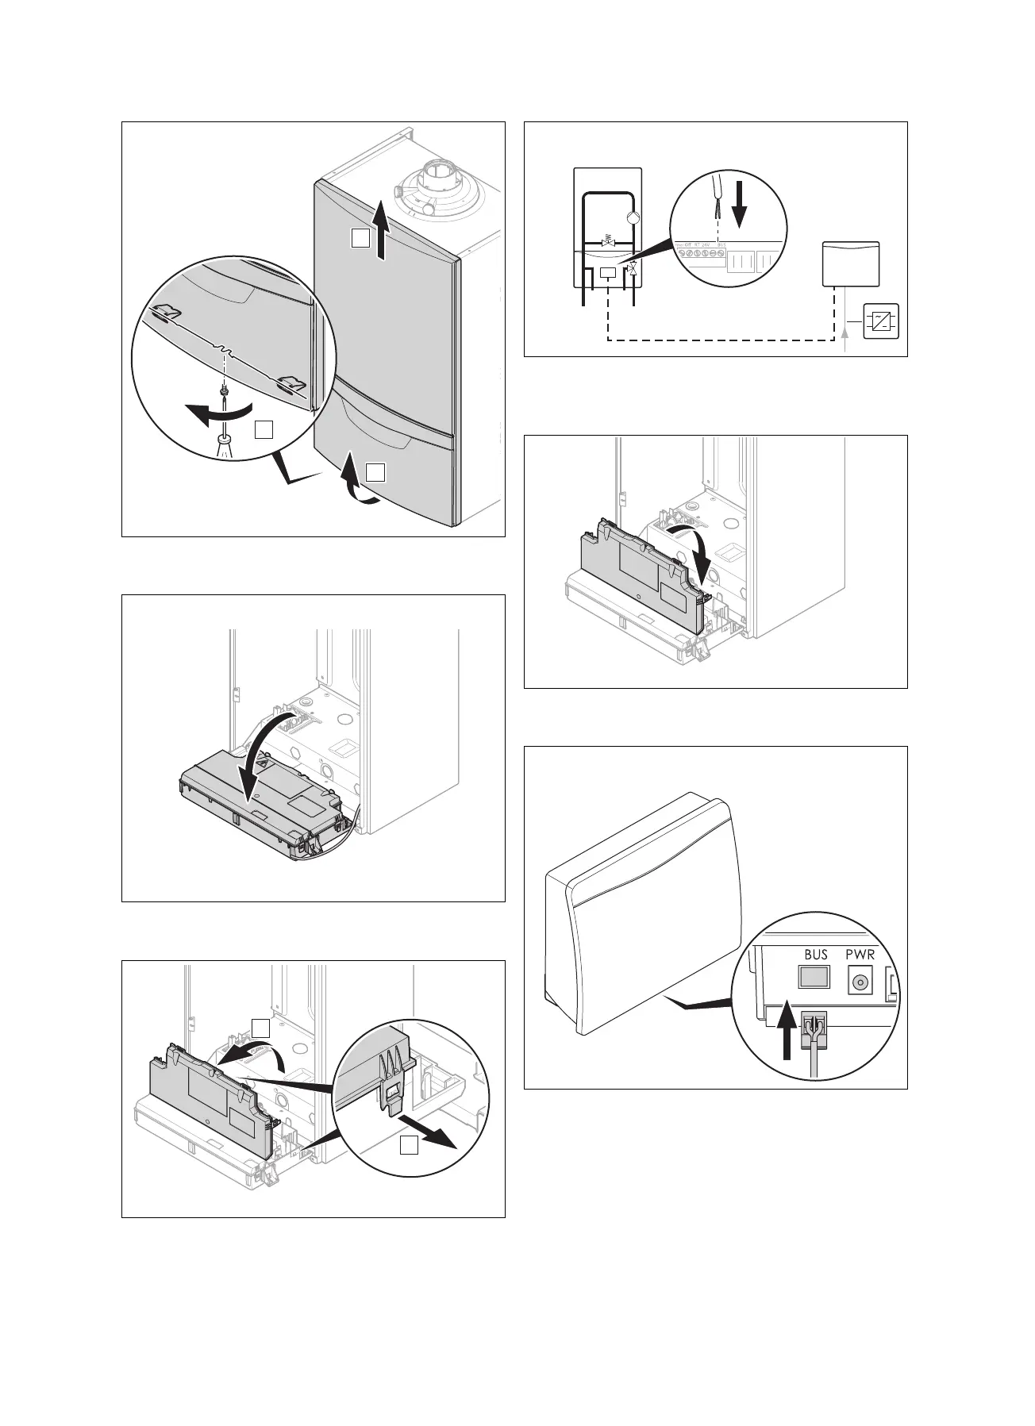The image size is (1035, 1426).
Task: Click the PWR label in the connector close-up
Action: pyautogui.click(x=860, y=955)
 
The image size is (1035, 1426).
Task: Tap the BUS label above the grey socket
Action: pyautogui.click(x=816, y=955)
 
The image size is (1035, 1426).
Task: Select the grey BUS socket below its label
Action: pyautogui.click(x=815, y=977)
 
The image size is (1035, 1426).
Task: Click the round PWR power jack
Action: pyautogui.click(x=858, y=982)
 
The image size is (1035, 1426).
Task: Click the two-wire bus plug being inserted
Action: pyautogui.click(x=814, y=1030)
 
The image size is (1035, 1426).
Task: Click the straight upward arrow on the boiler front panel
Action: pyautogui.click(x=382, y=229)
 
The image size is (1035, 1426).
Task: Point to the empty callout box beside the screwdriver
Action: pyautogui.click(x=264, y=429)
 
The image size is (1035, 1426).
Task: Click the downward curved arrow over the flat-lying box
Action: pyautogui.click(x=262, y=754)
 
